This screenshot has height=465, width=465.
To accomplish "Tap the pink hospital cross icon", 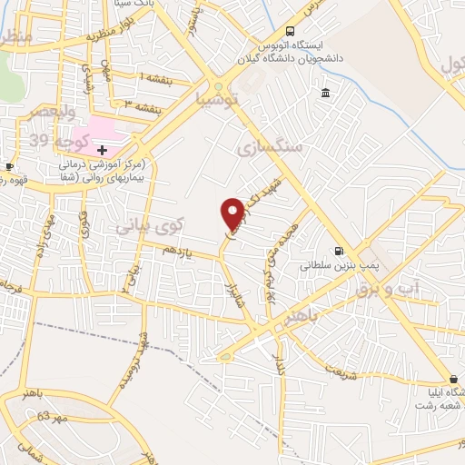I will pyautogui.click(x=103, y=148).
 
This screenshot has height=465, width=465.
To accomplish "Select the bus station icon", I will pyautogui.click(x=290, y=29).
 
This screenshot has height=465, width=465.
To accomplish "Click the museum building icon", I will pyautogui.click(x=325, y=93).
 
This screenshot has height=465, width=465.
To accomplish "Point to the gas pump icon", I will pyautogui.click(x=339, y=252).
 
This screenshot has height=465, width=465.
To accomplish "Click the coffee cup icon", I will pyautogui.click(x=9, y=167).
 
